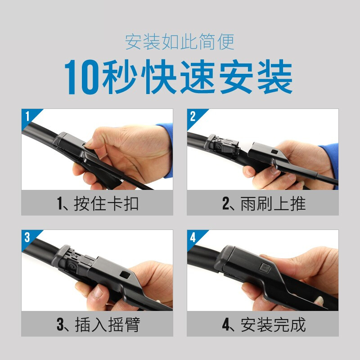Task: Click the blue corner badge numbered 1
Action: point(27,115)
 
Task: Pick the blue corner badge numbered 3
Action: point(27,237)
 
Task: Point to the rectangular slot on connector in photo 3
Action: point(122,274)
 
